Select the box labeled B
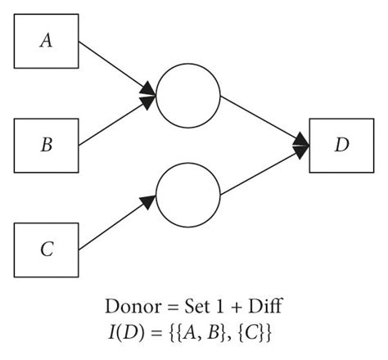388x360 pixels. [x=47, y=146]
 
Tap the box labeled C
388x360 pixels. [x=47, y=249]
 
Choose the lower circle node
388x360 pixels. [x=188, y=197]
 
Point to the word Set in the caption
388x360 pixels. [x=192, y=308]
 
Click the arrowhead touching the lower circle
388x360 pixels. [x=151, y=199]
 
